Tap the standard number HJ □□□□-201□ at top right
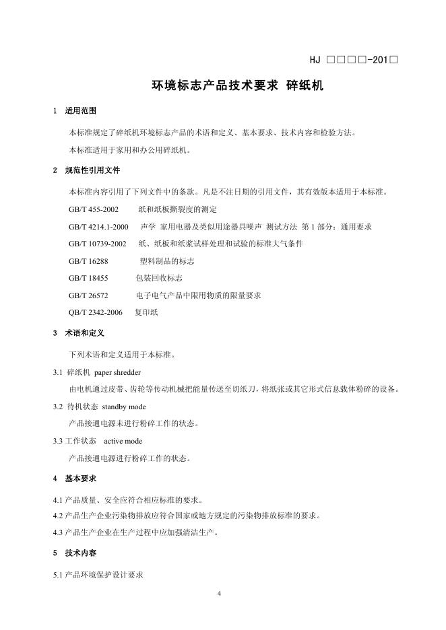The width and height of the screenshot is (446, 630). point(354,60)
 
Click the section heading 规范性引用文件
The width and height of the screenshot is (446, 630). point(92,170)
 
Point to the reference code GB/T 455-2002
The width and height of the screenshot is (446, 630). point(94,209)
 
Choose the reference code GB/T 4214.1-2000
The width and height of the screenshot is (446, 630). point(98,226)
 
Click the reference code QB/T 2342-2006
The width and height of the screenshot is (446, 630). point(96,312)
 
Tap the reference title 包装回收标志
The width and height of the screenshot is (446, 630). point(160,277)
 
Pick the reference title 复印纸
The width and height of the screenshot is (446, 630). point(146,312)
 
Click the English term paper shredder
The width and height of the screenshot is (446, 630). point(117,372)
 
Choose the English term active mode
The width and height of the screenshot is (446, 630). point(123,441)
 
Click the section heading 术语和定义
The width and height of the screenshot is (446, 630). point(84,332)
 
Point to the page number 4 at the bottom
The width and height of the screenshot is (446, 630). point(220,594)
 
